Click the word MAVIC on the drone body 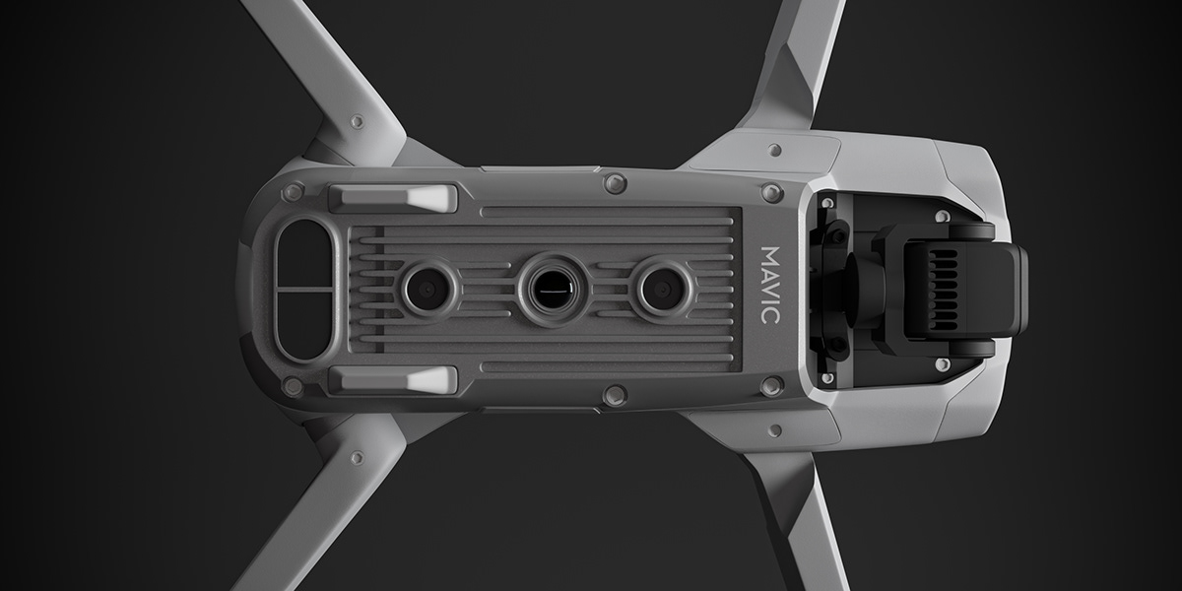[771, 287]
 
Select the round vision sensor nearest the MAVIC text [662, 288]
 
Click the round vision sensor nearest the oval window [427, 288]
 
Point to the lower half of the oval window [305, 322]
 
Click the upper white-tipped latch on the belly [394, 197]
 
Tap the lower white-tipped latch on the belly [394, 379]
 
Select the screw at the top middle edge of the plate [615, 182]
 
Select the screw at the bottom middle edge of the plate [615, 395]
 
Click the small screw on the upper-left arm [357, 122]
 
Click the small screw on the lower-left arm [357, 457]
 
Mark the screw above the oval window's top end [293, 192]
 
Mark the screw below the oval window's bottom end [293, 386]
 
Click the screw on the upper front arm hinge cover [775, 150]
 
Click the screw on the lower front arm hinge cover [775, 429]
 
